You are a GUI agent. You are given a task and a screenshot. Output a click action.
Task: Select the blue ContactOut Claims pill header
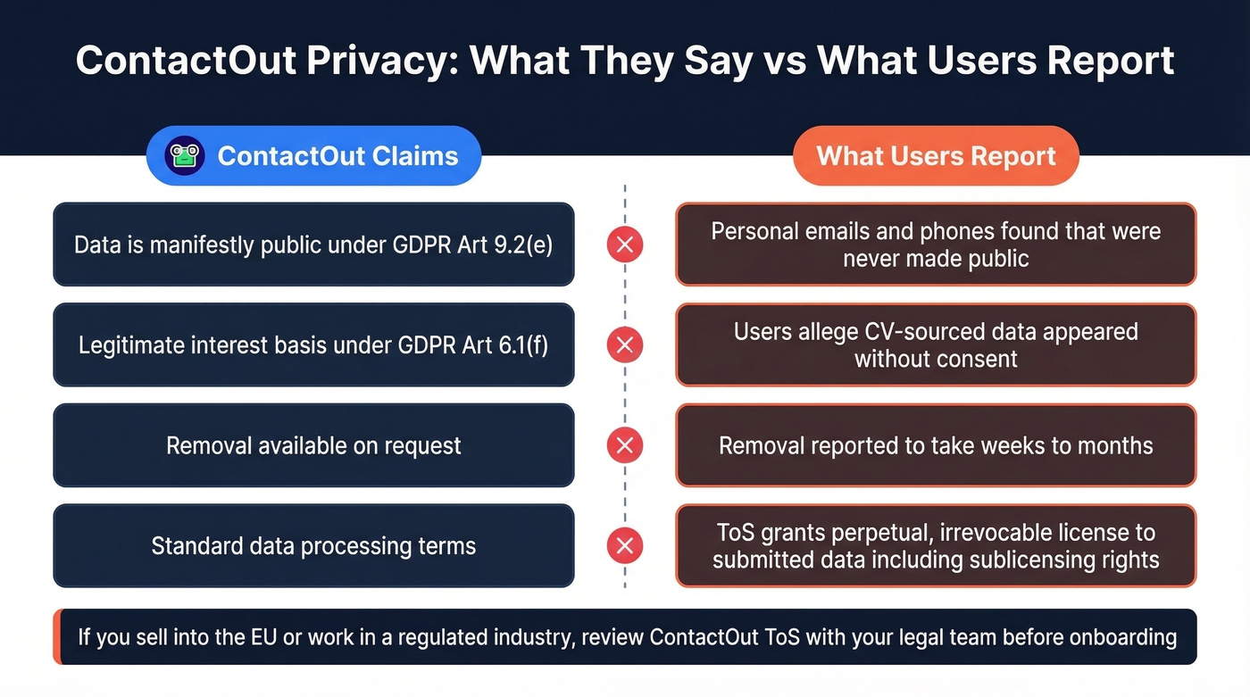[313, 156]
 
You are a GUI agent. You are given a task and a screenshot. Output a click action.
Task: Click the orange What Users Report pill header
[936, 156]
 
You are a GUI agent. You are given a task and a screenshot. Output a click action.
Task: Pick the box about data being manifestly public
[313, 245]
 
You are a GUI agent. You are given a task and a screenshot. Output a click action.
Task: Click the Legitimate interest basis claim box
[313, 344]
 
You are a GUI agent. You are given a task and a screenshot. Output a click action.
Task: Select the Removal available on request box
[313, 445]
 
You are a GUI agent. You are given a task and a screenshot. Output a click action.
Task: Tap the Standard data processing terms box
[313, 545]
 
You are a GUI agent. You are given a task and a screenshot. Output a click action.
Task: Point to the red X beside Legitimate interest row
[625, 344]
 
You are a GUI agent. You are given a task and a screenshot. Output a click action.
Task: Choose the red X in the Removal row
[625, 445]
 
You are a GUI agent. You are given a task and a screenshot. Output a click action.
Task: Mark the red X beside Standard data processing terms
[625, 545]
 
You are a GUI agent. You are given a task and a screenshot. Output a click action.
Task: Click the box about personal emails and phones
[936, 245]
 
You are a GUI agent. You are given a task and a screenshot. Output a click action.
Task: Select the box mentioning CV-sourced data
[936, 344]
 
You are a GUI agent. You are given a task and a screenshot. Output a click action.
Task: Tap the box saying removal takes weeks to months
[936, 445]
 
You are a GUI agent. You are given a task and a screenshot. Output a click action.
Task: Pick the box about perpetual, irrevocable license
[936, 545]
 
